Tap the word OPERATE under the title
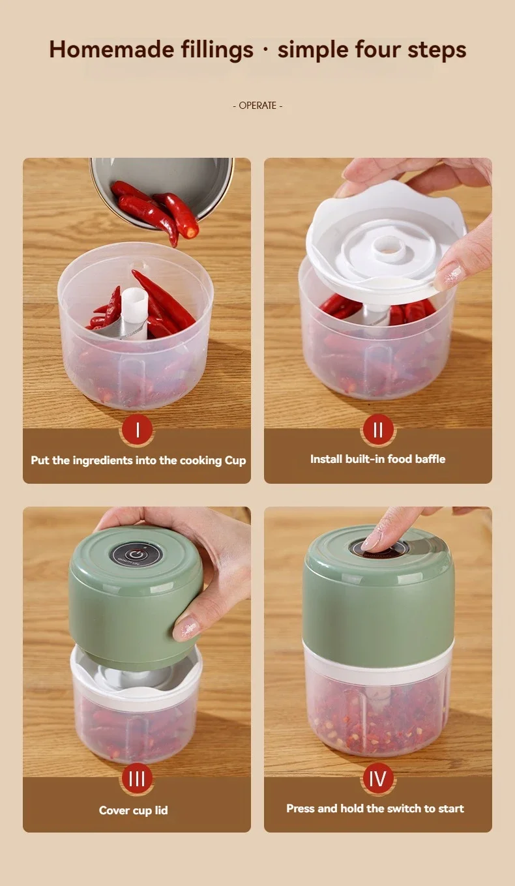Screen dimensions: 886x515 point(257,106)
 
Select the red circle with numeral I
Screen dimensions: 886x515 point(137,430)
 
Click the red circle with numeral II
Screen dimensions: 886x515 point(378,430)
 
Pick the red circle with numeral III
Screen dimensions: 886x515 point(137,778)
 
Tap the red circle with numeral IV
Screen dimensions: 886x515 point(378,778)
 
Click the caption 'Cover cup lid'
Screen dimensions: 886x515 point(133,810)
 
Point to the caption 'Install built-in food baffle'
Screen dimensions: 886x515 point(377,459)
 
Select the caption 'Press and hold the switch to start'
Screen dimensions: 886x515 point(375,808)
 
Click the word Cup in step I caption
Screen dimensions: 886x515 point(235,460)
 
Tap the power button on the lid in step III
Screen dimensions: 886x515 point(134,554)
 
